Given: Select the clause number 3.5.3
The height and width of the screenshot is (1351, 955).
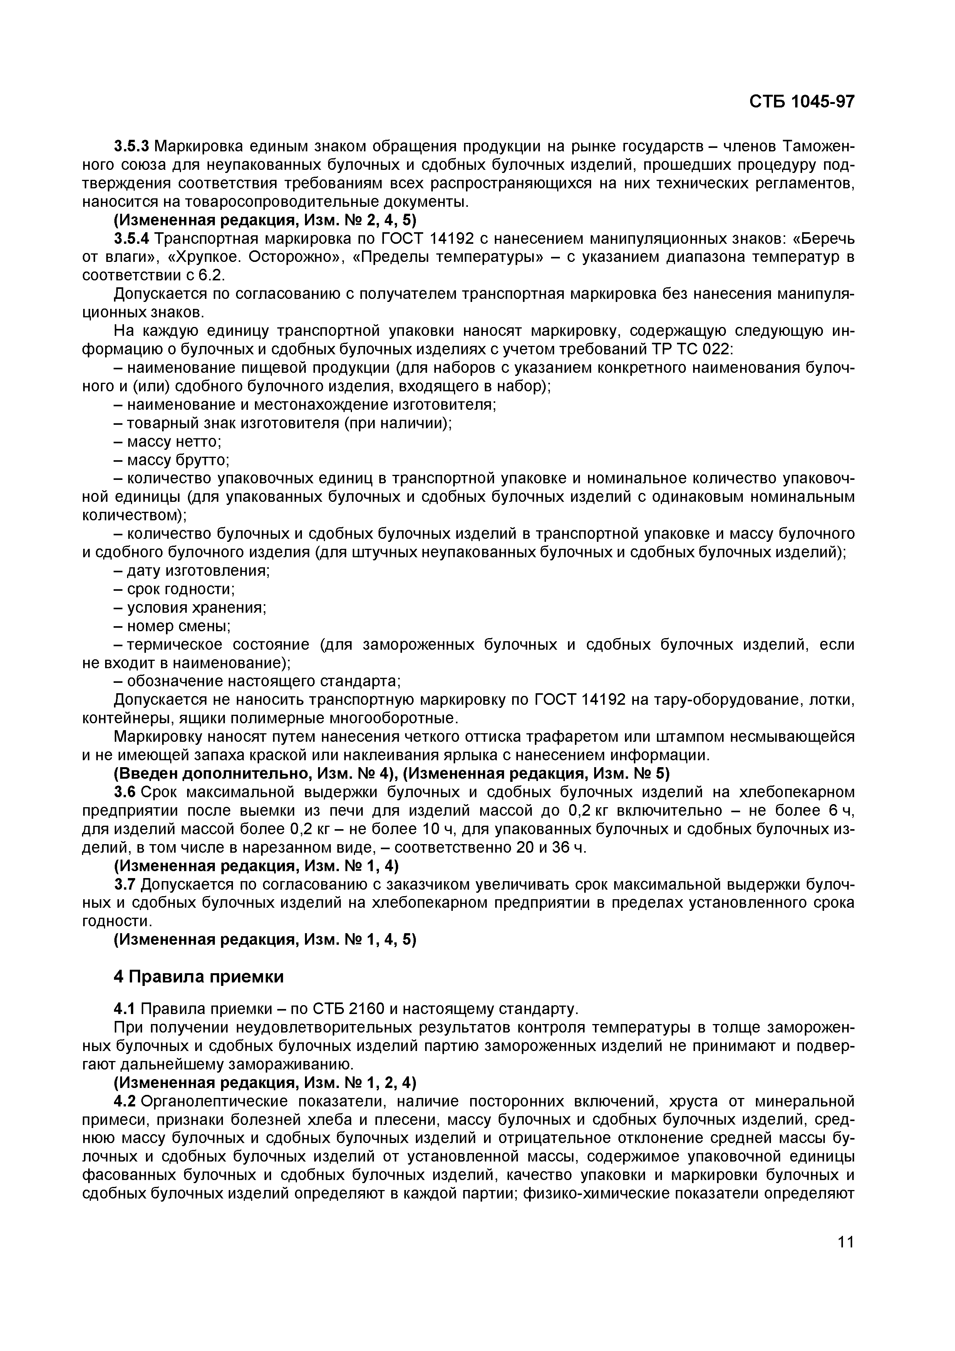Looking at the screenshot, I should [x=132, y=145].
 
